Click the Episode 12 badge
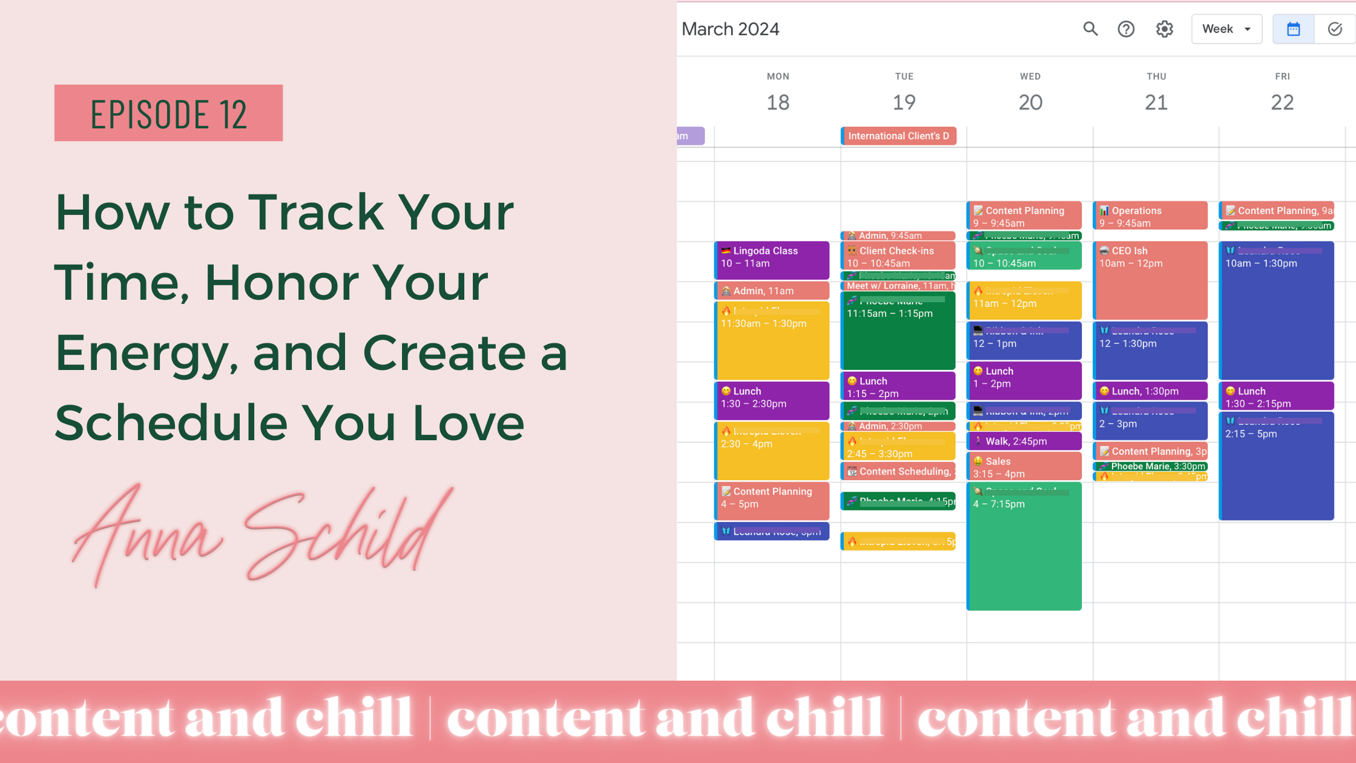[x=168, y=113]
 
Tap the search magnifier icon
[x=1090, y=29]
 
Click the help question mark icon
[x=1126, y=29]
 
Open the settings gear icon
[x=1164, y=29]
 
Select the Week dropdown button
[x=1226, y=29]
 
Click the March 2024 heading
[x=730, y=29]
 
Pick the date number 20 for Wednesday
[x=1030, y=102]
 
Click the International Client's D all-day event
[x=898, y=136]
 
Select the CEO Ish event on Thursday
[x=1150, y=279]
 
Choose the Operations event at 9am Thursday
[x=1150, y=216]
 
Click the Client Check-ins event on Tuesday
[x=898, y=256]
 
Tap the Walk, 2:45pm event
[x=1024, y=441]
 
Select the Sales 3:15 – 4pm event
[x=1024, y=467]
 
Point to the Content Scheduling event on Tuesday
[x=898, y=472]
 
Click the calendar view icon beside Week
[x=1293, y=29]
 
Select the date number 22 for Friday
[x=1282, y=102]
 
